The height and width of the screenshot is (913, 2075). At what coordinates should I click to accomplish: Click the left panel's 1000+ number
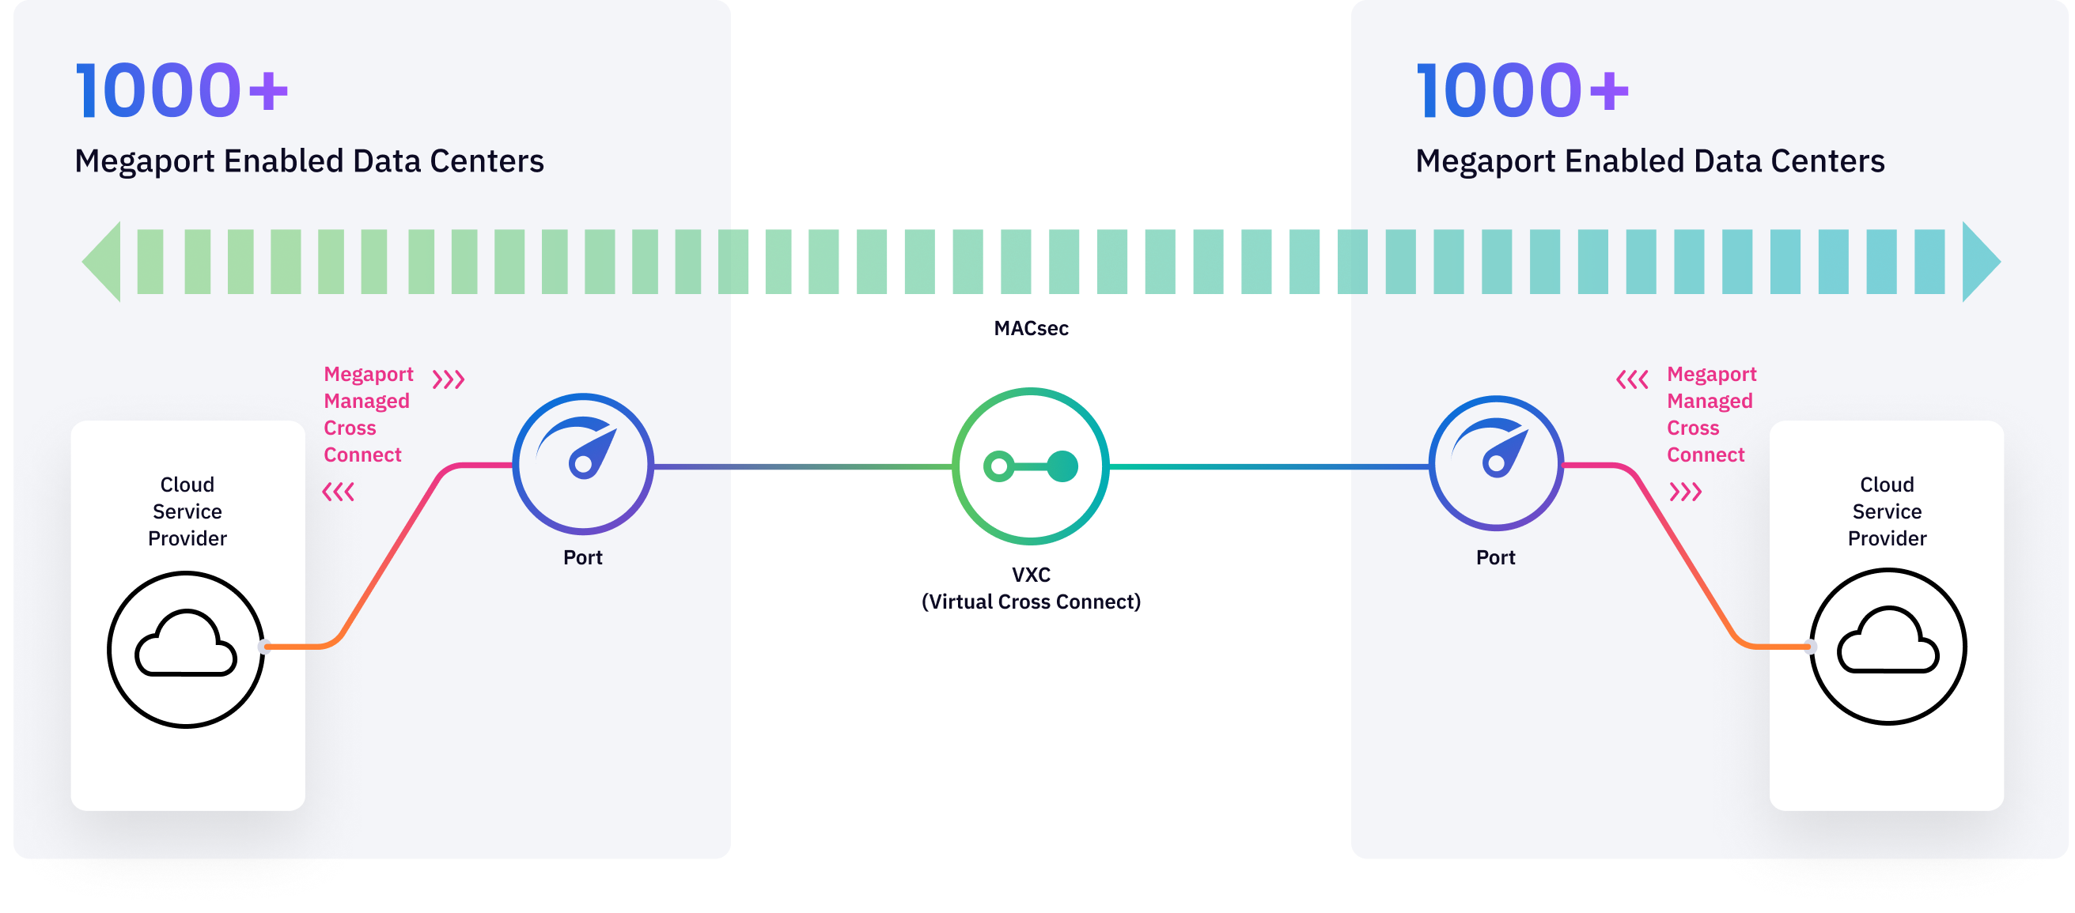[x=182, y=90]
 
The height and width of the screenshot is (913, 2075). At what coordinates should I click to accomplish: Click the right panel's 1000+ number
[x=1522, y=90]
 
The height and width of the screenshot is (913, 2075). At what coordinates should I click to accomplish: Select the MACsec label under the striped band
[x=1030, y=329]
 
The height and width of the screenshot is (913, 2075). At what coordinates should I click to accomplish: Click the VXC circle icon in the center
[x=1030, y=466]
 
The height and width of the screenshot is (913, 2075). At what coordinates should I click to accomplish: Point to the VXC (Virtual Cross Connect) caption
[x=1030, y=589]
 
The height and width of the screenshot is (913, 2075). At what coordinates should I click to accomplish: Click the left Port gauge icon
[x=583, y=464]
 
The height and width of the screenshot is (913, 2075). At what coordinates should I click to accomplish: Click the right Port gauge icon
[x=1496, y=464]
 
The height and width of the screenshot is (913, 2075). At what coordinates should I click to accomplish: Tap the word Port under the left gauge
[x=582, y=557]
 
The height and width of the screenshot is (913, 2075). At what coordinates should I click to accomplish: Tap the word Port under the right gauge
[x=1495, y=557]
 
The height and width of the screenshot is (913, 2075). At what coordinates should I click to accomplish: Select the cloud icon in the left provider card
[x=186, y=649]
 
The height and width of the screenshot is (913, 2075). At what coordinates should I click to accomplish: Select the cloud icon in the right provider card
[x=1888, y=647]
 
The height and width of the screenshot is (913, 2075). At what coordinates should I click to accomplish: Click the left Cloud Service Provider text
[x=187, y=511]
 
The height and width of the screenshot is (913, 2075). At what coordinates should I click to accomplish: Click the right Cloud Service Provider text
[x=1887, y=511]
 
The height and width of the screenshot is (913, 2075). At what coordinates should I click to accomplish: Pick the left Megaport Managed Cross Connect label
[x=367, y=415]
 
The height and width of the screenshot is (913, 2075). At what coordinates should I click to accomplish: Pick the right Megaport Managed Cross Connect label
[x=1710, y=415]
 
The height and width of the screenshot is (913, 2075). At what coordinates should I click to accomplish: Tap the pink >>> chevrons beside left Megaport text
[x=449, y=379]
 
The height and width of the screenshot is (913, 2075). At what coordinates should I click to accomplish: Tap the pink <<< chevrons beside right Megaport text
[x=1632, y=379]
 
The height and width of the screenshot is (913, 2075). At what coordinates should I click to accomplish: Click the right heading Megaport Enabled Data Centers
[x=1649, y=161]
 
